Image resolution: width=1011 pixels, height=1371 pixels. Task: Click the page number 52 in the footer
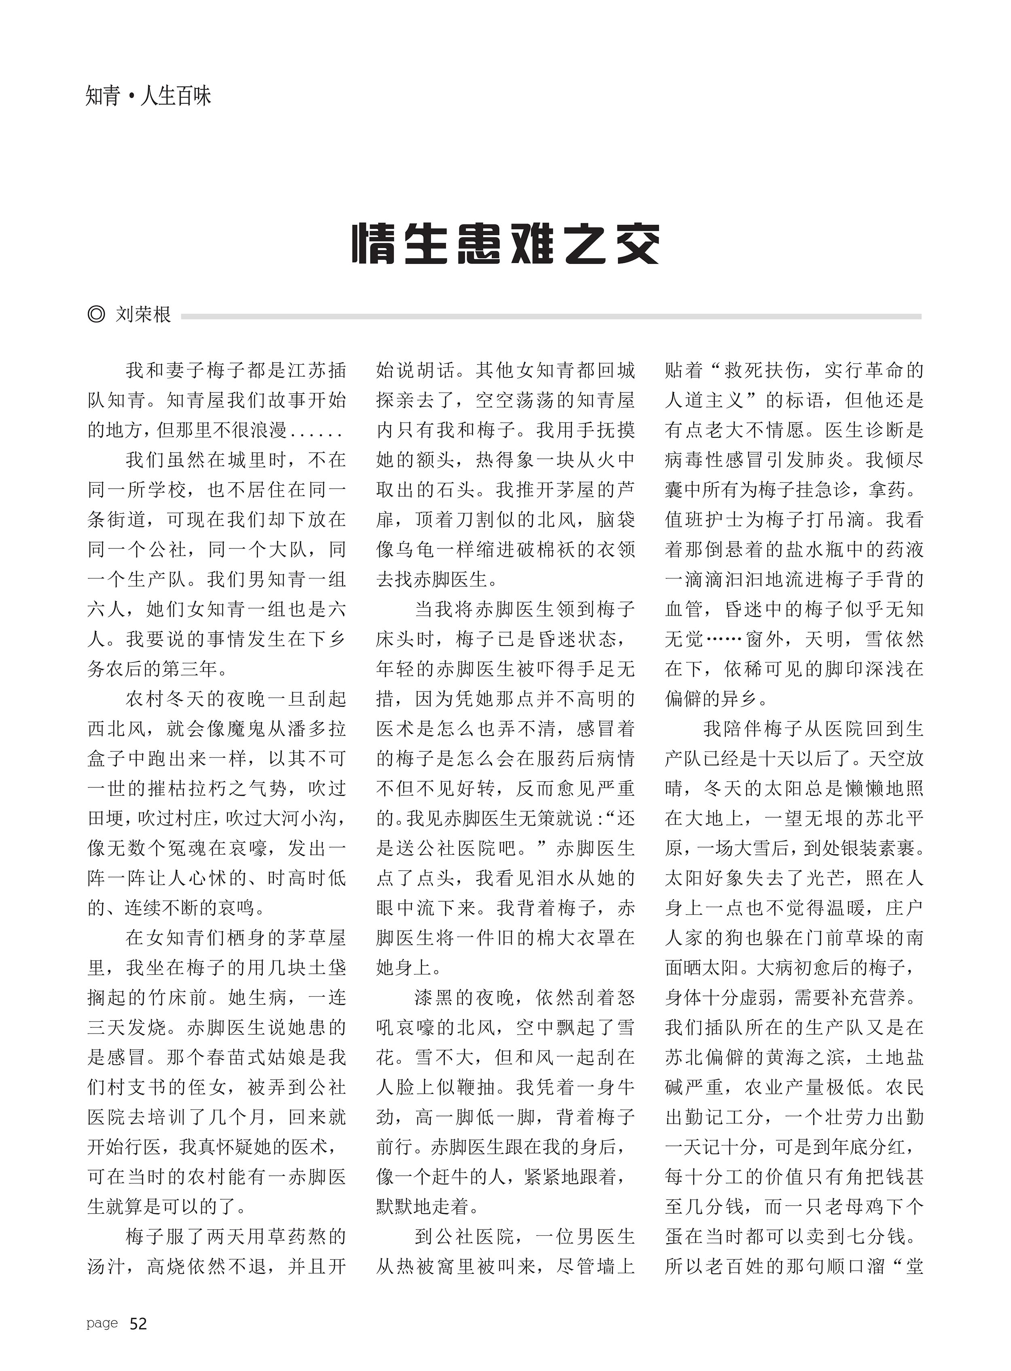138,1324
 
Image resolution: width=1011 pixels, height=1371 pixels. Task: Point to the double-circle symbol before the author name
96,315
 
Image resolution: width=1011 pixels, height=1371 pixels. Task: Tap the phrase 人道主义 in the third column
704,400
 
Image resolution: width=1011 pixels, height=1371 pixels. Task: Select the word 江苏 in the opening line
306,370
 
